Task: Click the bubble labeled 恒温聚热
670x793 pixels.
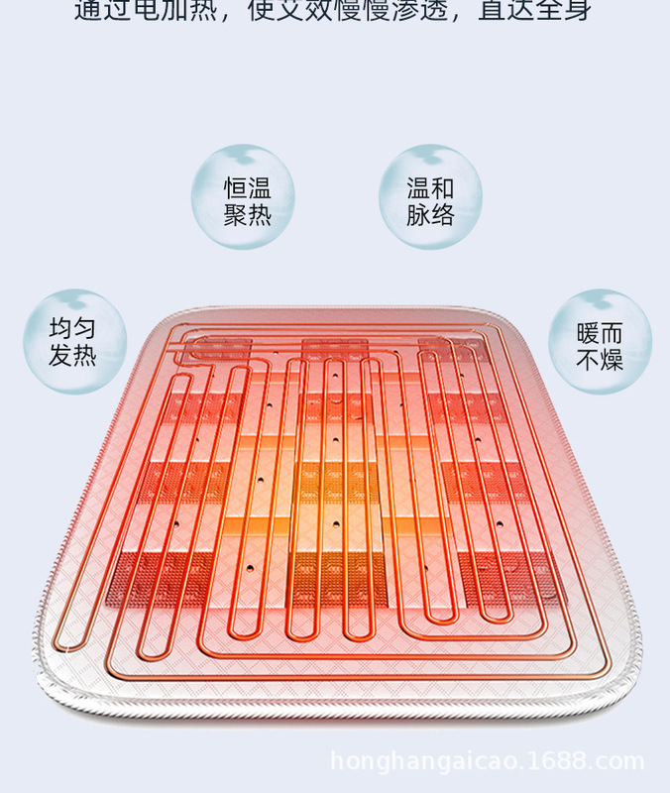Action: pyautogui.click(x=244, y=197)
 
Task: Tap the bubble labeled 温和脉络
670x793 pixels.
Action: pyautogui.click(x=430, y=197)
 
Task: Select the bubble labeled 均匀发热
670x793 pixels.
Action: pyautogui.click(x=74, y=342)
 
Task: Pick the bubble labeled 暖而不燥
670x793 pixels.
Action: pyautogui.click(x=599, y=342)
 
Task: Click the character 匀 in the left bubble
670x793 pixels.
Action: pyautogui.click(x=85, y=330)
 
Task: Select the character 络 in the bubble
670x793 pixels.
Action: pyautogui.click(x=442, y=214)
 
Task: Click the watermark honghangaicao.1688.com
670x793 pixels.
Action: pyautogui.click(x=487, y=762)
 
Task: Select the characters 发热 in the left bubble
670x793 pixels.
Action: pyautogui.click(x=74, y=356)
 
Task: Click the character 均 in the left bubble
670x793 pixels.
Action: pyautogui.click(x=61, y=330)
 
